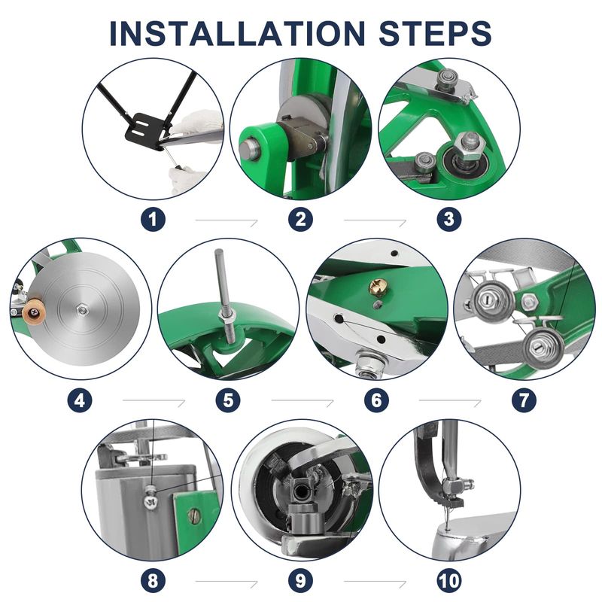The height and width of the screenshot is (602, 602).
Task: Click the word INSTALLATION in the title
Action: [x=237, y=33]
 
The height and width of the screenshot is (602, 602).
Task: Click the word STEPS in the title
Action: [x=435, y=33]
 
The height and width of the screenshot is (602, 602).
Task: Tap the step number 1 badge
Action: [x=153, y=220]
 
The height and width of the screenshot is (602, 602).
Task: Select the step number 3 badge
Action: [x=449, y=220]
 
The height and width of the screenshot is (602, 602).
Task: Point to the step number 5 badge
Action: [x=228, y=400]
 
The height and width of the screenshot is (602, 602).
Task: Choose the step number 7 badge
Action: [x=524, y=400]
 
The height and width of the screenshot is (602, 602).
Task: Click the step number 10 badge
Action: [x=449, y=580]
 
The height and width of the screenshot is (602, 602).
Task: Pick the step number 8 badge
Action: [x=153, y=580]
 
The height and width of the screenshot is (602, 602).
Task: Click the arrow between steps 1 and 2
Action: [x=227, y=220]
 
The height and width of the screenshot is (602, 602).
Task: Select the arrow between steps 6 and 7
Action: [x=450, y=401]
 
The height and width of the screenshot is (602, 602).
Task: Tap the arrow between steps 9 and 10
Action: [x=375, y=581]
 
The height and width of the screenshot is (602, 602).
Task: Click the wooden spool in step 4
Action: [x=34, y=312]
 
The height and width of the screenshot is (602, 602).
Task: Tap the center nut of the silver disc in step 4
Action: [x=81, y=309]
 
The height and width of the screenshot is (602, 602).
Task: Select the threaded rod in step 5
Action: [x=223, y=296]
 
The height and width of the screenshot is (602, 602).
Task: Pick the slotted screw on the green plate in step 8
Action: [x=195, y=515]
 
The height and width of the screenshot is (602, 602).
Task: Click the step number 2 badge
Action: [x=300, y=220]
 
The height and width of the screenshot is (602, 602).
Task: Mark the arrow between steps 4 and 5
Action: [x=154, y=401]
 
